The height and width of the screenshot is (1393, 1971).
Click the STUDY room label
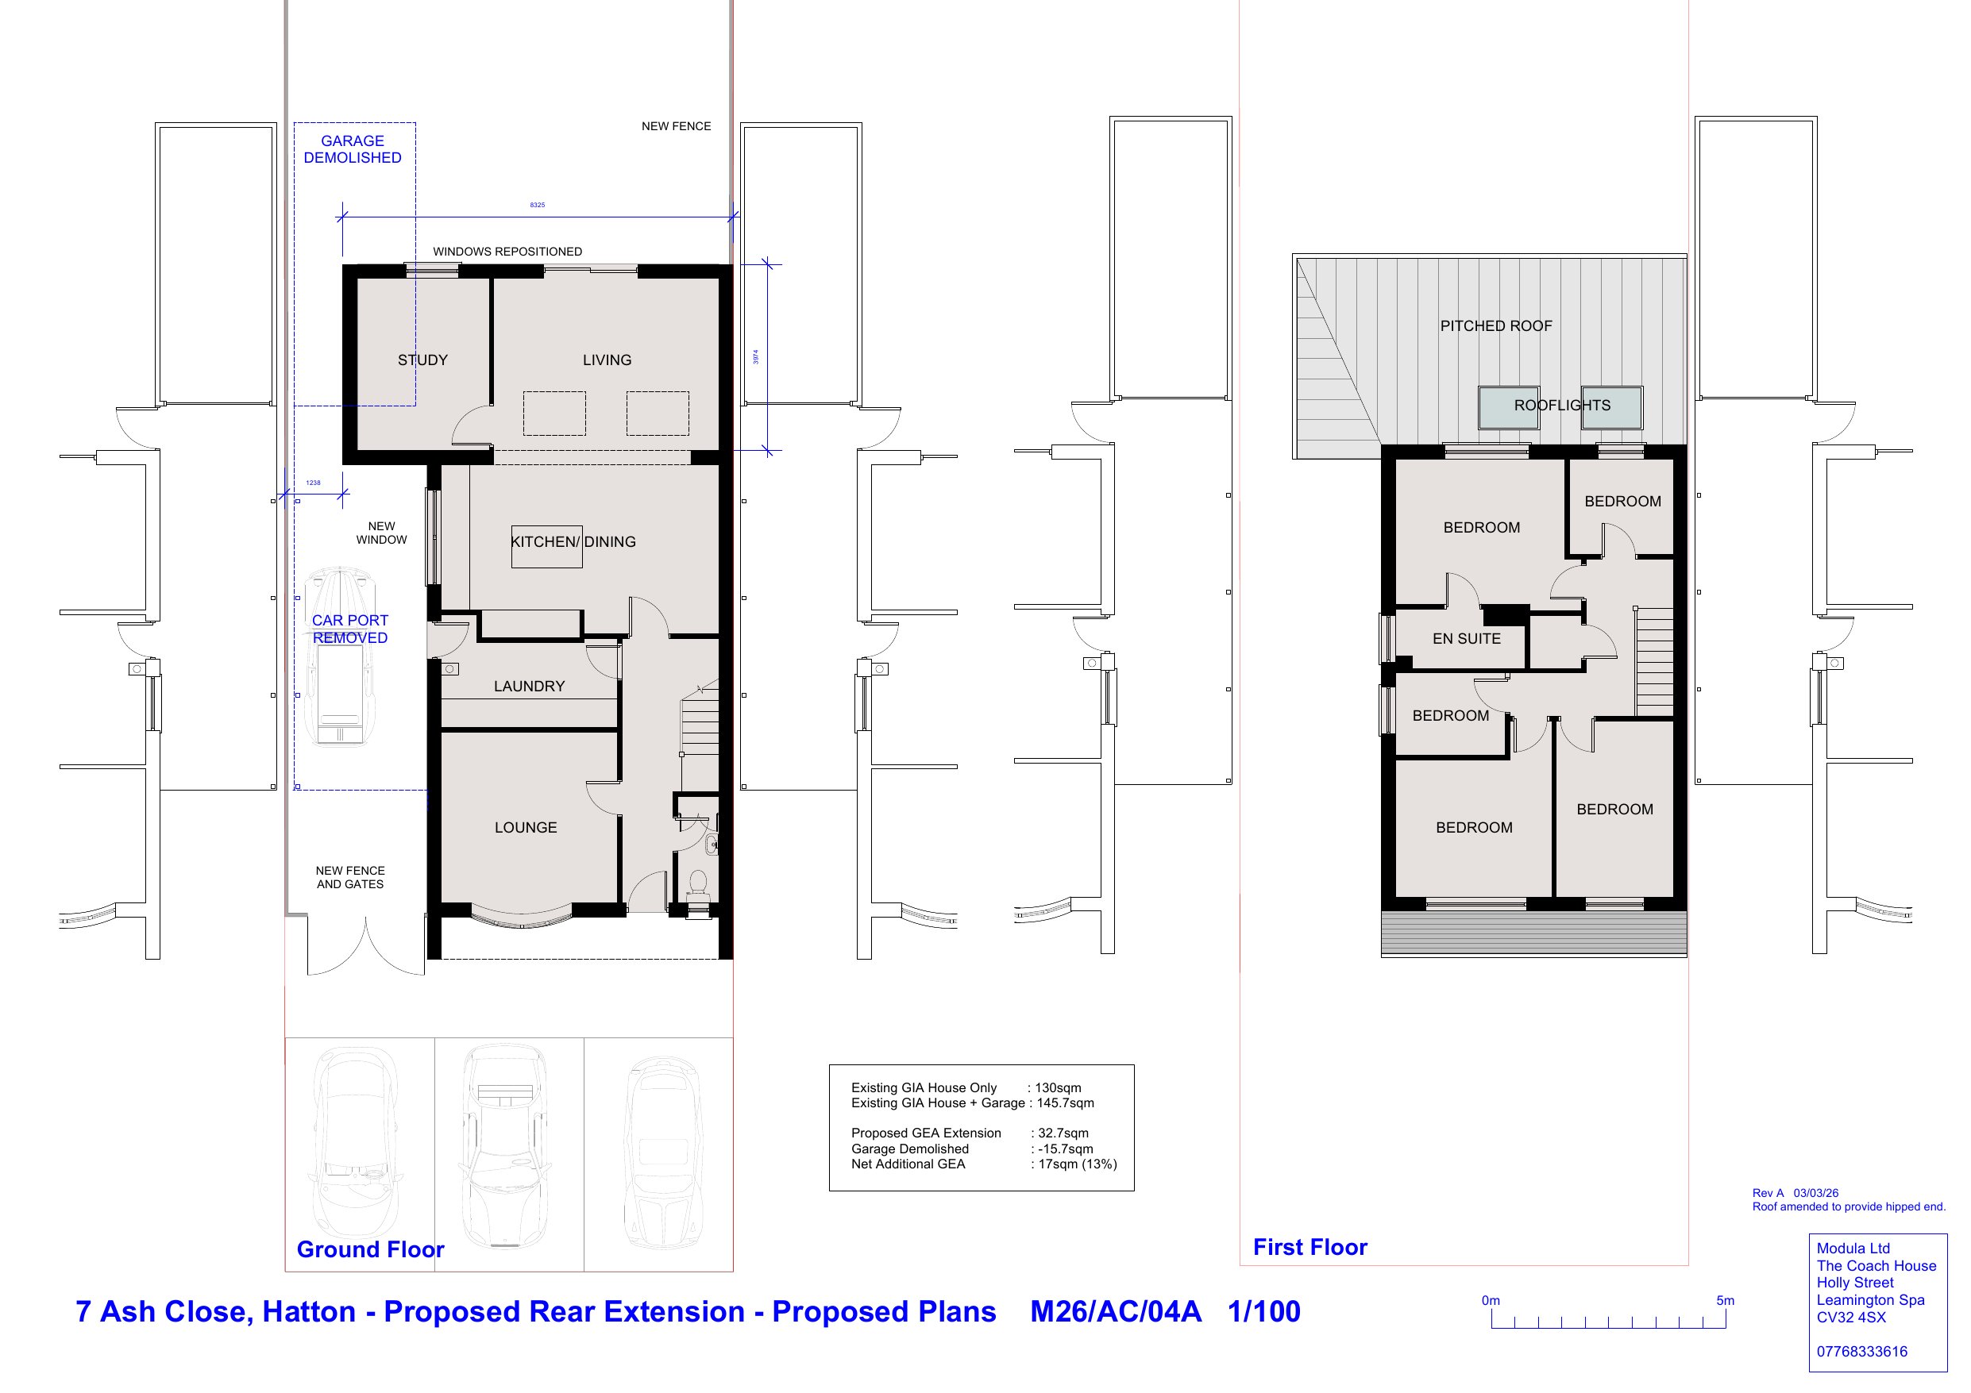[x=422, y=360]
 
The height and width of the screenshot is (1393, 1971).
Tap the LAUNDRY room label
[x=529, y=687]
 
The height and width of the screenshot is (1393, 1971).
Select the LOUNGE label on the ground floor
[x=526, y=828]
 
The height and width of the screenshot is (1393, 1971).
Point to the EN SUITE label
[x=1466, y=640]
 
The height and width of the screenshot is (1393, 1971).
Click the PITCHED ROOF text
[x=1496, y=326]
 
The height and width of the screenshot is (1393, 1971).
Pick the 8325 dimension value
[x=538, y=205]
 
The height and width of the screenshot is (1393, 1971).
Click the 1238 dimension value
[x=314, y=483]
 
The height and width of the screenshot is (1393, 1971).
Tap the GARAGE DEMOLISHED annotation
[x=353, y=149]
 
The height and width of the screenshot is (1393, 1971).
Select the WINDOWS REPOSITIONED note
[x=507, y=252]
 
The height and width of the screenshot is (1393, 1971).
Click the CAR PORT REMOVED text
[x=350, y=629]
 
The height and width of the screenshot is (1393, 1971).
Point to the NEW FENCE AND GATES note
[x=350, y=877]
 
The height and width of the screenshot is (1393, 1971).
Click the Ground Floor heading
[x=371, y=1249]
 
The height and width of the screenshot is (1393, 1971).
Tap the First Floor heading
[x=1310, y=1247]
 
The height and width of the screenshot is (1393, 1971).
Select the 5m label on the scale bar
[x=1725, y=1300]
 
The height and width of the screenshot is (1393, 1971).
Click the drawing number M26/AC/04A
[x=1115, y=1311]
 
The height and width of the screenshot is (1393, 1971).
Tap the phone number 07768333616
[x=1862, y=1352]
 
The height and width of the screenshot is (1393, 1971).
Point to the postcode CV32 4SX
[x=1852, y=1318]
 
